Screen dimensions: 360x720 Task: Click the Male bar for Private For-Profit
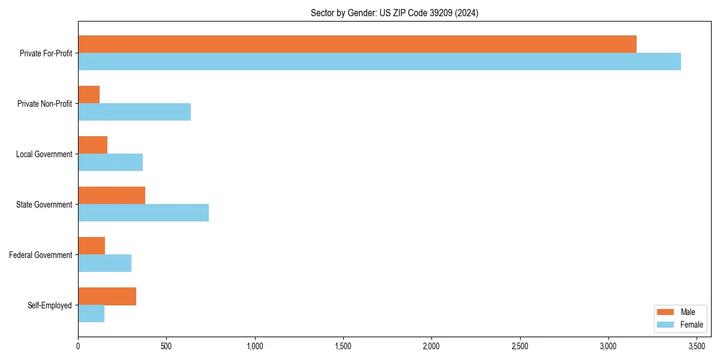pos(357,44)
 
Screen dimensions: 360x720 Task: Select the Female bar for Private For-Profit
pos(379,61)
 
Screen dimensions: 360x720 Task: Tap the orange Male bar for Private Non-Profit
pos(89,94)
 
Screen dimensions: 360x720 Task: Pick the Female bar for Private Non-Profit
pos(134,112)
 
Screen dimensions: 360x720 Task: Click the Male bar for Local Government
pos(92,145)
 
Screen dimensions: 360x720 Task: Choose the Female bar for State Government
pos(143,212)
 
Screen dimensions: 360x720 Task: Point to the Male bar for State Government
pos(112,195)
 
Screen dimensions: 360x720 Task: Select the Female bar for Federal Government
pos(104,263)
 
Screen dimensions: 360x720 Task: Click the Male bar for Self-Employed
pos(107,296)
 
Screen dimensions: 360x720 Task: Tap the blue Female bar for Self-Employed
pos(91,313)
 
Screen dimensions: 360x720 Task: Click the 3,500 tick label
pos(697,346)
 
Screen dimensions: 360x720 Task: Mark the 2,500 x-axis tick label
pos(520,346)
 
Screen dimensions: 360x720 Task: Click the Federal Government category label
pos(41,255)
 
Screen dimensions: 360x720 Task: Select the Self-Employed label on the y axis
pos(50,305)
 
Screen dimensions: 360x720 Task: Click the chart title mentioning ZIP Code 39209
pos(394,13)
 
